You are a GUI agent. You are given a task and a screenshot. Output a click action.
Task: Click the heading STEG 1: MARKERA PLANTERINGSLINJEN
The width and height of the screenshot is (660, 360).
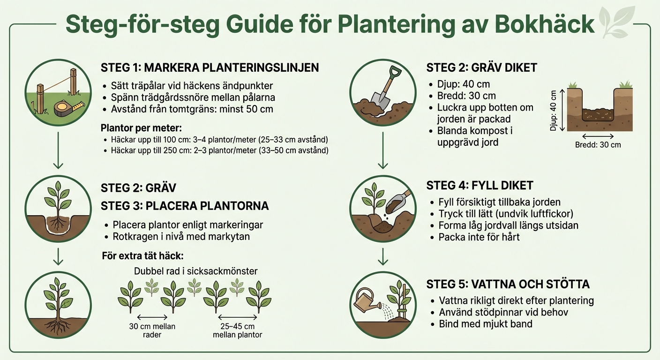tap(210, 67)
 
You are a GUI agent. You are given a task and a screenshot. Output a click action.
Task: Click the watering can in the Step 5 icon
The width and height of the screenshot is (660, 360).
tap(367, 301)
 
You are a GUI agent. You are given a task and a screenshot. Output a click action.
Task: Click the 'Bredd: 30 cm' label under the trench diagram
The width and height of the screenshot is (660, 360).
tap(598, 145)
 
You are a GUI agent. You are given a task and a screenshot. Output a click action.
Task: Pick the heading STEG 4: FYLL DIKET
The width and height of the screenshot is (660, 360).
tap(480, 185)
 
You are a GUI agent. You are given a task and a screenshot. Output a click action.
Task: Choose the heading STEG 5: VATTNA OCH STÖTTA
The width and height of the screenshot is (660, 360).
tap(508, 285)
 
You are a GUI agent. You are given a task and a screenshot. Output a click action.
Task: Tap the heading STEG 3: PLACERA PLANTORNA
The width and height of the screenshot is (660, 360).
tap(185, 206)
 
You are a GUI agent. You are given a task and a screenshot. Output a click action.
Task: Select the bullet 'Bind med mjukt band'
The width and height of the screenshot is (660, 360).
tap(485, 324)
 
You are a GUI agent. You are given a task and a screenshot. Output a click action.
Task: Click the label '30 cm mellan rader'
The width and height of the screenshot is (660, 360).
tap(152, 330)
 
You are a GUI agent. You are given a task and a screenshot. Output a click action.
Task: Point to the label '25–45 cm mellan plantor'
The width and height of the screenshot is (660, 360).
tap(237, 330)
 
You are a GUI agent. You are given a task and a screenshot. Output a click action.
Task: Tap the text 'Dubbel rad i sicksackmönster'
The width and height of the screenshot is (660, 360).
tap(195, 271)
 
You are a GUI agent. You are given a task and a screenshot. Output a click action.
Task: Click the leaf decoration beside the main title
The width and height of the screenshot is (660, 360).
tap(615, 22)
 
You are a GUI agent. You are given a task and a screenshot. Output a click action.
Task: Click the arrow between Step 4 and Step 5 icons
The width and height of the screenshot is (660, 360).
tap(383, 256)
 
